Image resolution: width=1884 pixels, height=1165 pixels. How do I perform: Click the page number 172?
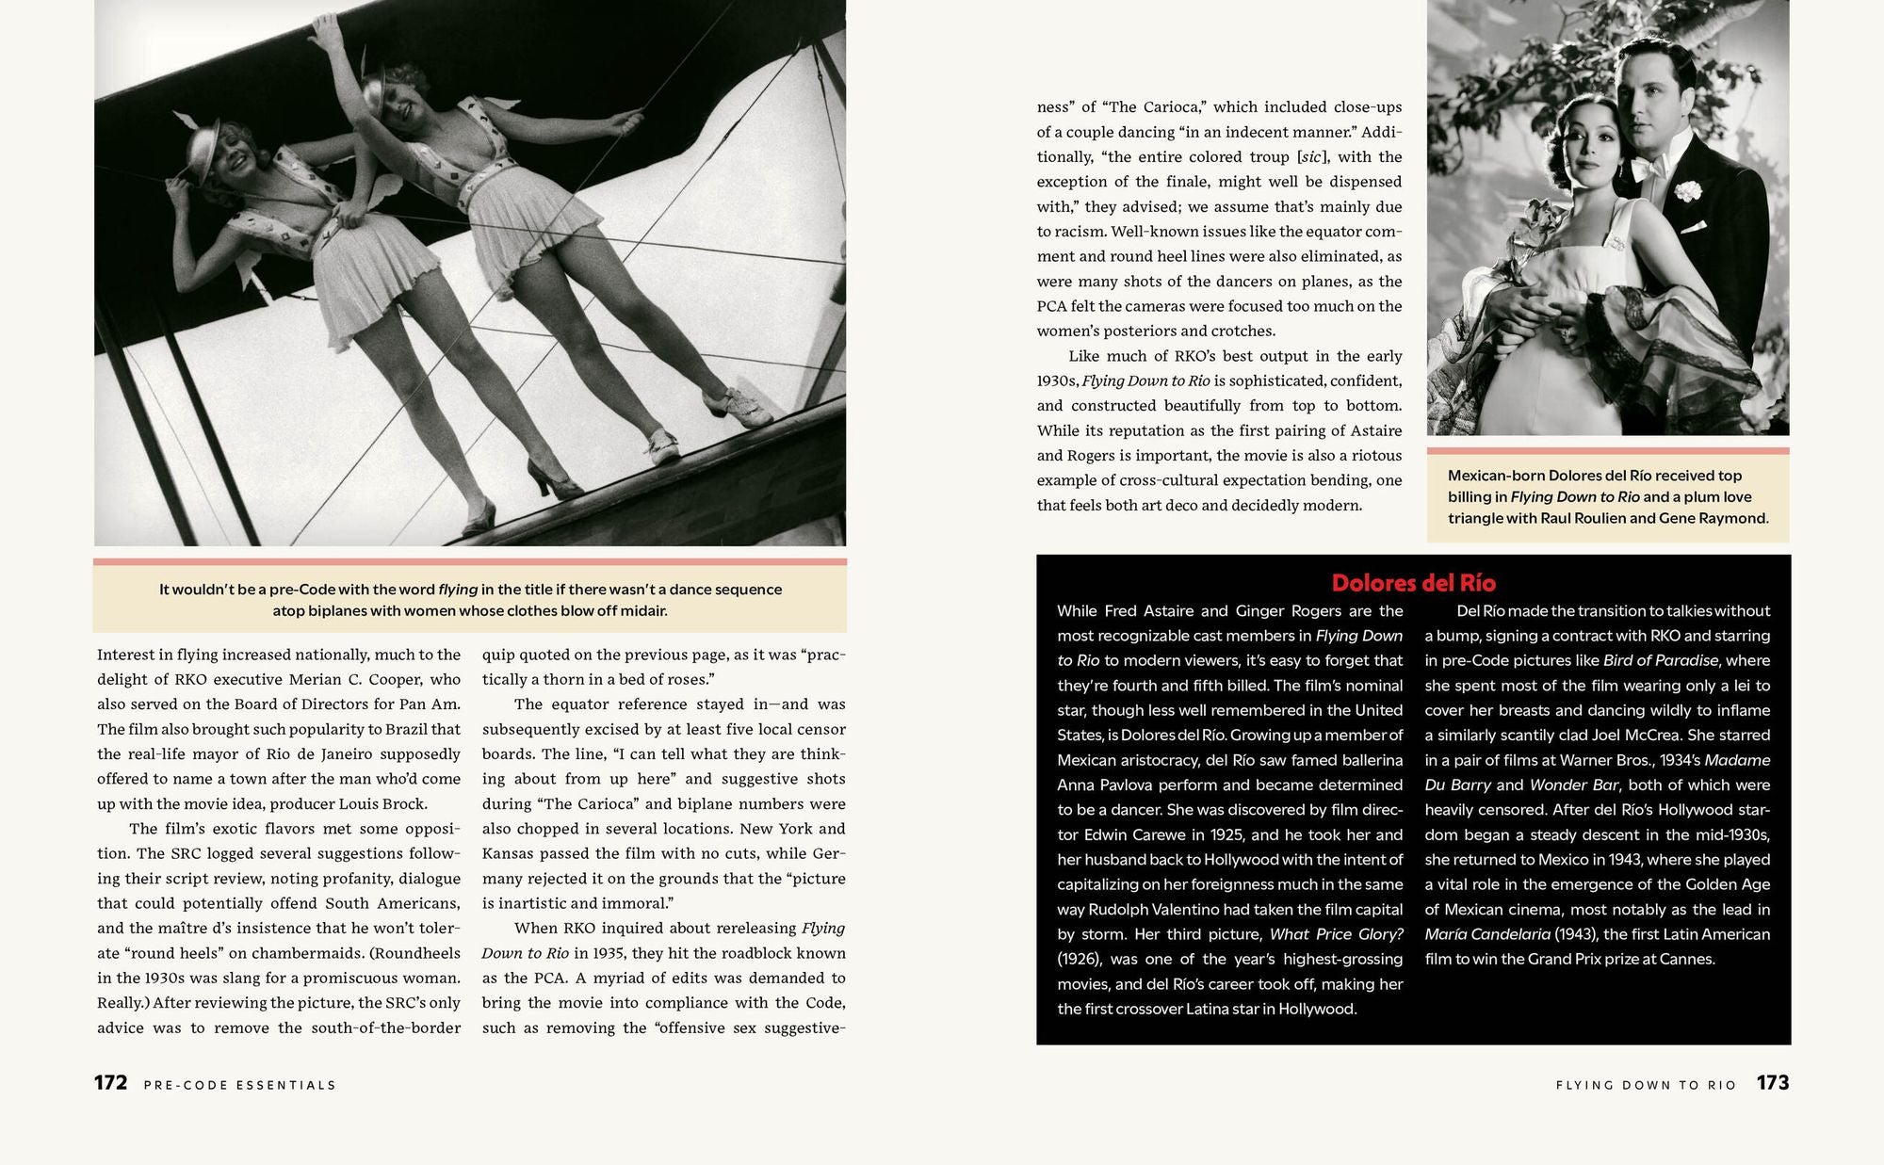coord(110,1083)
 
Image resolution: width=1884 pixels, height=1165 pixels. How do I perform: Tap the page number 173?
coord(1772,1083)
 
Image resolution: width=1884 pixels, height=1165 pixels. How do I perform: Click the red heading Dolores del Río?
coord(1413,583)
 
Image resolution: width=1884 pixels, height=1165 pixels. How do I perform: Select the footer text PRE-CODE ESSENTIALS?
coord(239,1085)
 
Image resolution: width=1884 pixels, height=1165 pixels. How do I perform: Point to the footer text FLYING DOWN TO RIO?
coord(1646,1085)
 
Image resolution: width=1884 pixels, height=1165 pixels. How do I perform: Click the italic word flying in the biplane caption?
coord(458,590)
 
